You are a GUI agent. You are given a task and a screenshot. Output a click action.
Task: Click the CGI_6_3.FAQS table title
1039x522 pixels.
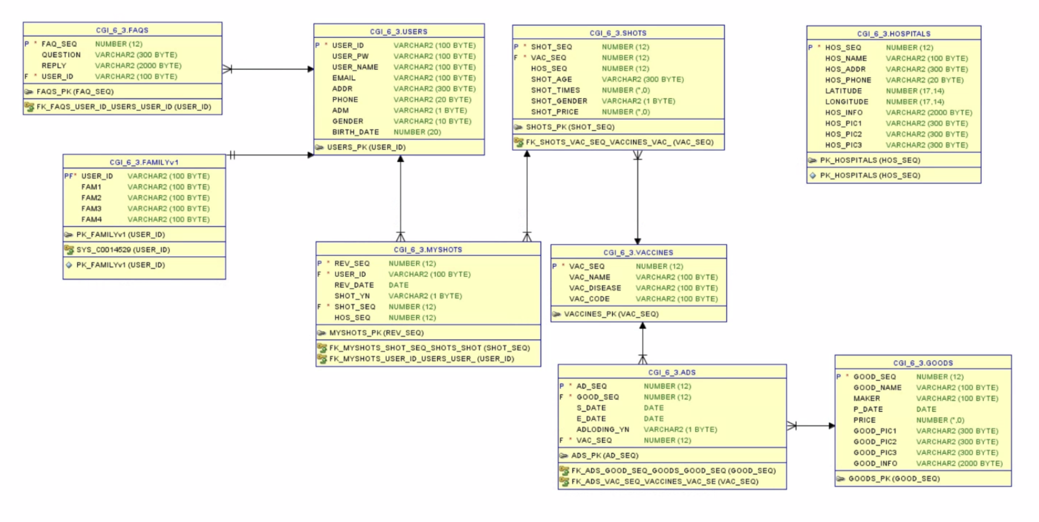coord(122,30)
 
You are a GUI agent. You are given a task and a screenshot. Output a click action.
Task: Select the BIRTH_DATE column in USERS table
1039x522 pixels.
coord(355,132)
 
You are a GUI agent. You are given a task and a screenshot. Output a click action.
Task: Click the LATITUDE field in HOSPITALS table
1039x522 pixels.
coord(843,91)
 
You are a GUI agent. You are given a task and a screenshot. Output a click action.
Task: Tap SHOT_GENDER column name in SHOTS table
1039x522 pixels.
coord(558,101)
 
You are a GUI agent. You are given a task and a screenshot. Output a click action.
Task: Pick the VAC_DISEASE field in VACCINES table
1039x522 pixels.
coord(594,288)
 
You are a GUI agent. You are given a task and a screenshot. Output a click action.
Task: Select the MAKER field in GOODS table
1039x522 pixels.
coord(866,398)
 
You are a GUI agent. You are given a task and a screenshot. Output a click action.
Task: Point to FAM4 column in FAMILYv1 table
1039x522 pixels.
coord(91,219)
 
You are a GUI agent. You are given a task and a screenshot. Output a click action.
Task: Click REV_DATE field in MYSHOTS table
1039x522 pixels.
coord(354,285)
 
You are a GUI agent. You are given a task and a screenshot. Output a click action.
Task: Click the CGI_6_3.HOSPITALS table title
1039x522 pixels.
coord(893,34)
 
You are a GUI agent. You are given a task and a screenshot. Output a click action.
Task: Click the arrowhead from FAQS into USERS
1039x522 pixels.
coord(310,69)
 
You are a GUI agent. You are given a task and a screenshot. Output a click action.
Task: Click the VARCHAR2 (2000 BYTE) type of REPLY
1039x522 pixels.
coord(138,65)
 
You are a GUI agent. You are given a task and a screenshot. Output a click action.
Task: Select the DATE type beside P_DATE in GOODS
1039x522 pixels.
coord(926,409)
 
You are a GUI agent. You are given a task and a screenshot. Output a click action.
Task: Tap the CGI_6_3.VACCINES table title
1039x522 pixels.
coord(637,252)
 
